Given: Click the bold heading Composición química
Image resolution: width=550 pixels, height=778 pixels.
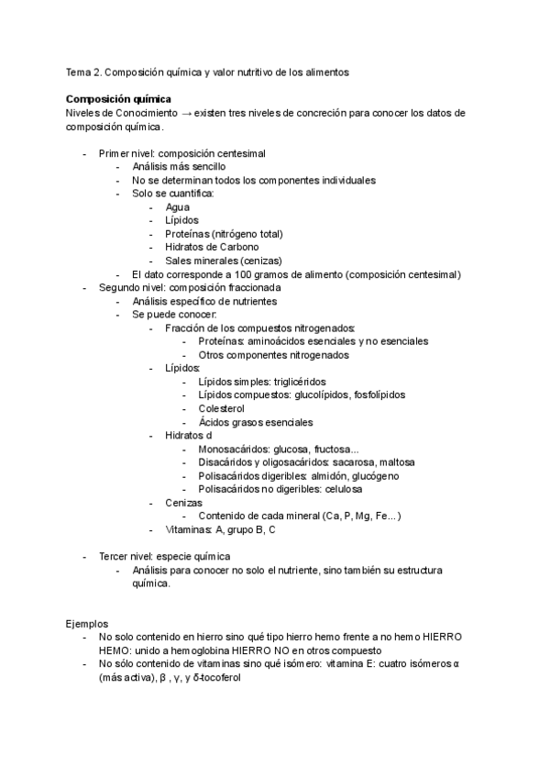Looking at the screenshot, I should click(x=118, y=98).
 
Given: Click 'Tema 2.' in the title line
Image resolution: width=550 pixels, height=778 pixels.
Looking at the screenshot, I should click(x=83, y=71).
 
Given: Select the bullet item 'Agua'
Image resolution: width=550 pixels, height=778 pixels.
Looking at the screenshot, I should click(x=178, y=207).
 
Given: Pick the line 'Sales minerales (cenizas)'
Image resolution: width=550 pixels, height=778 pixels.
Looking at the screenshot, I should click(x=224, y=261).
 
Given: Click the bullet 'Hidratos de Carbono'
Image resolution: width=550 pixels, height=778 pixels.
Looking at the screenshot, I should click(x=212, y=247).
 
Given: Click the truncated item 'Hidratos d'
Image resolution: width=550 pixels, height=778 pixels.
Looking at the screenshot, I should click(x=189, y=435).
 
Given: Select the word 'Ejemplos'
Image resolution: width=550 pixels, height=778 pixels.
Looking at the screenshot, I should click(x=87, y=622).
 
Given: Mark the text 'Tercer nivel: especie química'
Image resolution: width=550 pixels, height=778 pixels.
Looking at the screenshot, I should click(x=165, y=556).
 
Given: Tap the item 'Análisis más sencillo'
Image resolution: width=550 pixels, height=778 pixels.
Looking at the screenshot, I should click(x=179, y=167).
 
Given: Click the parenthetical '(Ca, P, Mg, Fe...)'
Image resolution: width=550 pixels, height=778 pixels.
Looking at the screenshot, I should click(x=357, y=517).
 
